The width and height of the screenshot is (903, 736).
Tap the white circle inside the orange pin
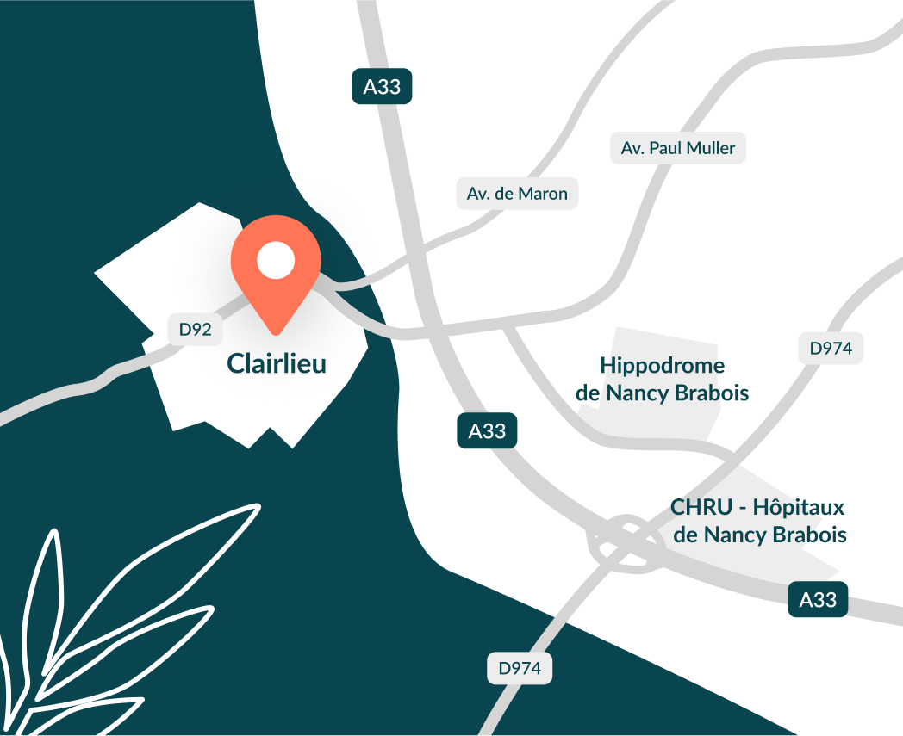coord(276,260)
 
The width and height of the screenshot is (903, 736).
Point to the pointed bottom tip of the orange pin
coord(276,332)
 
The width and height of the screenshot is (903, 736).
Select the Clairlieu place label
coord(277,363)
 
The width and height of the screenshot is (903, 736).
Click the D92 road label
coord(195,328)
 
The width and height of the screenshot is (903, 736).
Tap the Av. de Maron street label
coord(517,194)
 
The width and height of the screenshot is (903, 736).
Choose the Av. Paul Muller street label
coord(678,148)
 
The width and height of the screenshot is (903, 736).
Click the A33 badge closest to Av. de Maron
coord(382,87)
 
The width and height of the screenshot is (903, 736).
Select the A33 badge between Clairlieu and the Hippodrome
coord(487,430)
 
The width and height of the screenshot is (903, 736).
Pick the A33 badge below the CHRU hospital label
coord(818,599)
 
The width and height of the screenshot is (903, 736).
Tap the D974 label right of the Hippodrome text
coord(831,349)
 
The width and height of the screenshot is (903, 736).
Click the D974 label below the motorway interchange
coord(520,668)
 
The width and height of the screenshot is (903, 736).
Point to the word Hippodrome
coord(662,365)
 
